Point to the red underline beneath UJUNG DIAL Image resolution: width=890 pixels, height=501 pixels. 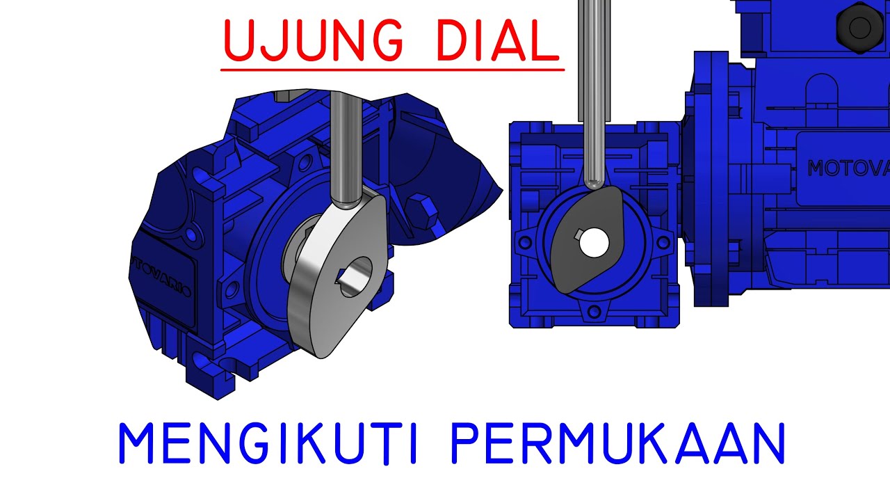click(x=391, y=70)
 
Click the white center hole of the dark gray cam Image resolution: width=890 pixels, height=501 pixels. click(x=594, y=241)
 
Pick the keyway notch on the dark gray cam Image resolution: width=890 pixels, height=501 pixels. click(x=578, y=233)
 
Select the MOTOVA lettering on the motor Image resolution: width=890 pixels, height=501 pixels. click(x=848, y=168)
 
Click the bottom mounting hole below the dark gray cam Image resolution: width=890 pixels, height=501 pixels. click(x=594, y=311)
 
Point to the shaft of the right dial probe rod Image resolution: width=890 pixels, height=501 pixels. click(x=592, y=83)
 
